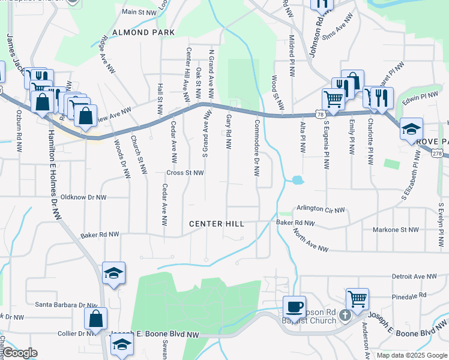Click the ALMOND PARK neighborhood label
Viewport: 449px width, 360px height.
pyautogui.click(x=146, y=32)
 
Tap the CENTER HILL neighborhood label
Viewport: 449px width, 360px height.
pyautogui.click(x=217, y=224)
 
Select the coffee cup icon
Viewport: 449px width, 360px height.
pyautogui.click(x=294, y=307)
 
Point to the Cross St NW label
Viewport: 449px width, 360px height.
pyautogui.click(x=185, y=173)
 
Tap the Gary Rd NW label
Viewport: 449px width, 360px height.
pyautogui.click(x=229, y=130)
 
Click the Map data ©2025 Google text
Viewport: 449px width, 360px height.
pyautogui.click(x=412, y=355)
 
